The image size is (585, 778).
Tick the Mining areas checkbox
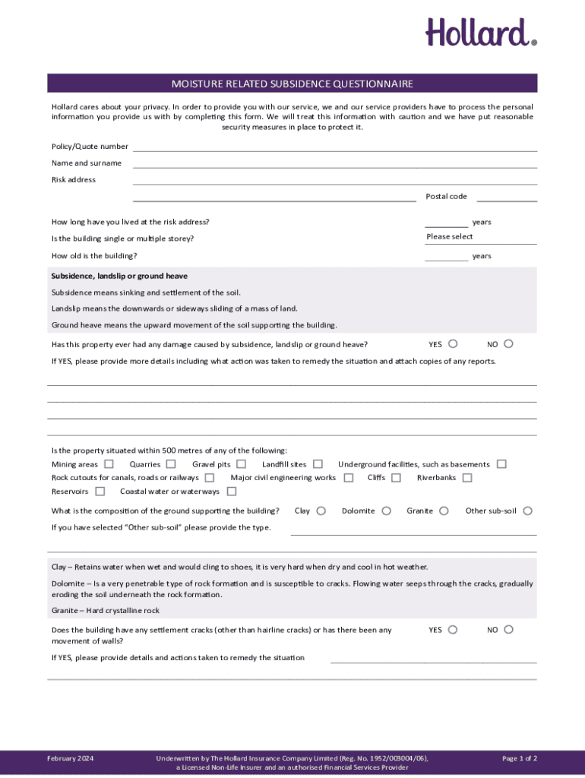109,464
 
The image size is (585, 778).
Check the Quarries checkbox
171,464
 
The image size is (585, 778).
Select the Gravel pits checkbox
241,464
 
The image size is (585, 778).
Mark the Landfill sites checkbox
318,464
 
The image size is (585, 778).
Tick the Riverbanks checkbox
467,478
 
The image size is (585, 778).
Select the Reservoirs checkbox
100,492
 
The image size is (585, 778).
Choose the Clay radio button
321,511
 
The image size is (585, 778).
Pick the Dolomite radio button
387,511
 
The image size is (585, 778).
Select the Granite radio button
444,511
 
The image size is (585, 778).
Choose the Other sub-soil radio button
528,511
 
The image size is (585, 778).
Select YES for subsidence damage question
453,344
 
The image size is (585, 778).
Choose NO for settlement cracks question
509,630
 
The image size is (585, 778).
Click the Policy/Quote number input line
334,147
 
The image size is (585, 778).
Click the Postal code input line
506,197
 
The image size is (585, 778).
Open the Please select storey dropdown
480,237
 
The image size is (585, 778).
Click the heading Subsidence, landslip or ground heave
119,276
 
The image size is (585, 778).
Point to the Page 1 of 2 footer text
520,758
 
